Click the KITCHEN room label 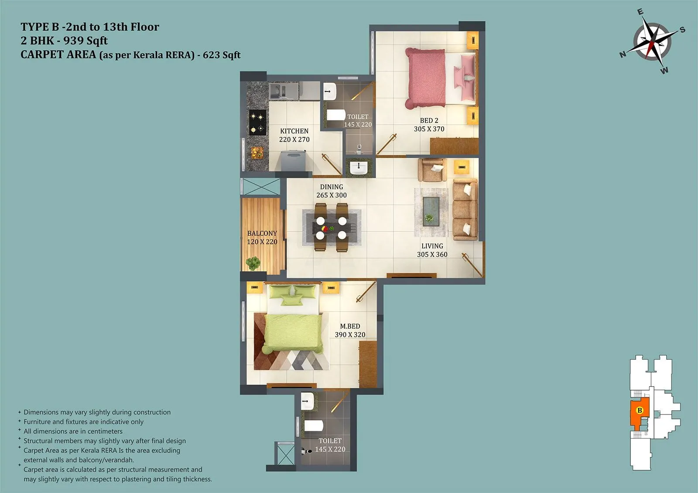click(294, 131)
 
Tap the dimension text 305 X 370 click(429, 129)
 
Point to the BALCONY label click(262, 233)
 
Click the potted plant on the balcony click(253, 263)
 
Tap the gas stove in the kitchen click(258, 122)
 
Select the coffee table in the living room click(431, 211)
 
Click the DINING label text click(332, 187)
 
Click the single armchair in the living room click(431, 170)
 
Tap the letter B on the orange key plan click(640, 410)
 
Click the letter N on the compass click(623, 54)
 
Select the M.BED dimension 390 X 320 click(350, 335)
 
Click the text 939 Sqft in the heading click(86, 41)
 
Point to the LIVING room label click(432, 246)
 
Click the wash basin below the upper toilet click(359, 167)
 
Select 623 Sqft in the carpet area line click(222, 55)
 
